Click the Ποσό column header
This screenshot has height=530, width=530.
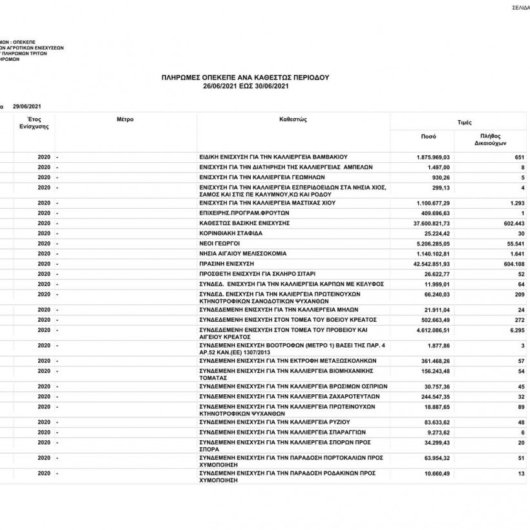click(428, 138)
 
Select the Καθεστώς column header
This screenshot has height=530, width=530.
click(293, 120)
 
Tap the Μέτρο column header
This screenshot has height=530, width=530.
click(125, 120)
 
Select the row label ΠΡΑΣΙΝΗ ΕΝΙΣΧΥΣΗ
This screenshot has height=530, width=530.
click(227, 264)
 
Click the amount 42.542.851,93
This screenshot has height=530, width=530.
click(430, 264)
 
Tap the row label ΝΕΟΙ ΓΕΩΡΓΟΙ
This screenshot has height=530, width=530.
click(218, 244)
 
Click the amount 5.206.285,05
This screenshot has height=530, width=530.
click(432, 244)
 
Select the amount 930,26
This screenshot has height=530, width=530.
click(440, 177)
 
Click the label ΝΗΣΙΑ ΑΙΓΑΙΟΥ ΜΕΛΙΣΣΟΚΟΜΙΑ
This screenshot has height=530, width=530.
click(242, 254)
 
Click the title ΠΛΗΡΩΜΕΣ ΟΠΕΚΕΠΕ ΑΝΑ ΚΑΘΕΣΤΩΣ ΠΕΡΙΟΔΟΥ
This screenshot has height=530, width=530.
click(245, 77)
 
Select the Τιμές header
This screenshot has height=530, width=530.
click(463, 122)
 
